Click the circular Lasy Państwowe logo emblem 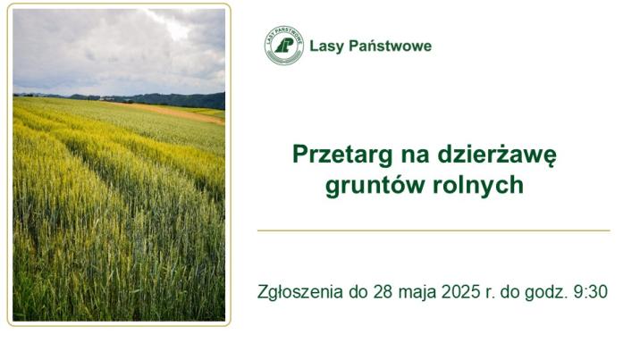pos(284,46)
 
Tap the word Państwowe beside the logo pos(391,46)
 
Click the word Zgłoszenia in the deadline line pos(300,292)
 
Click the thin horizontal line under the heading pos(434,230)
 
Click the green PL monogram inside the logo pos(284,46)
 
